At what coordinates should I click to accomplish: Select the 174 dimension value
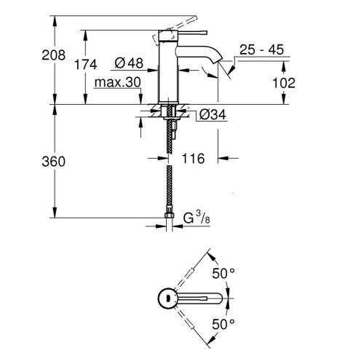tap(86, 65)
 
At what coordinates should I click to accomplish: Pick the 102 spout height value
tap(284, 82)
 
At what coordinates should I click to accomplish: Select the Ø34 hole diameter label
tap(210, 115)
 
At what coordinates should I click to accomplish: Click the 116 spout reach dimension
tap(194, 158)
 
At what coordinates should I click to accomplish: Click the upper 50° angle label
tap(223, 274)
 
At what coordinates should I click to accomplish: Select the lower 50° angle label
tap(223, 323)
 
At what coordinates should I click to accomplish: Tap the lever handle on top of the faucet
tap(178, 31)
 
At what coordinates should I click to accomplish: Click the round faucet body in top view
tap(167, 298)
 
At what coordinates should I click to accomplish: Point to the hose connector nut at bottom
tap(170, 214)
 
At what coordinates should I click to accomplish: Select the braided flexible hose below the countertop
tap(170, 182)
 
